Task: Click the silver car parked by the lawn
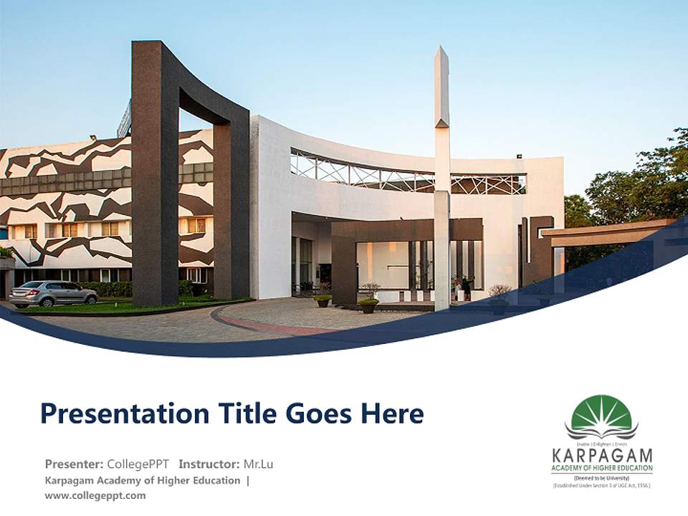54,293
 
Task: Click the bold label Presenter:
75,464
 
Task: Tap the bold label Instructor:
209,464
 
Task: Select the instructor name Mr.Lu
258,464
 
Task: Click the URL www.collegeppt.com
95,495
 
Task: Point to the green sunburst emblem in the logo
601,414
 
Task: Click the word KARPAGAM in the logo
602,455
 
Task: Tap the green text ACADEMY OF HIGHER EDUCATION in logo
602,468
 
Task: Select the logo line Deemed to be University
601,477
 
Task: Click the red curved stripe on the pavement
272,326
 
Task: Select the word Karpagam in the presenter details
72,480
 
